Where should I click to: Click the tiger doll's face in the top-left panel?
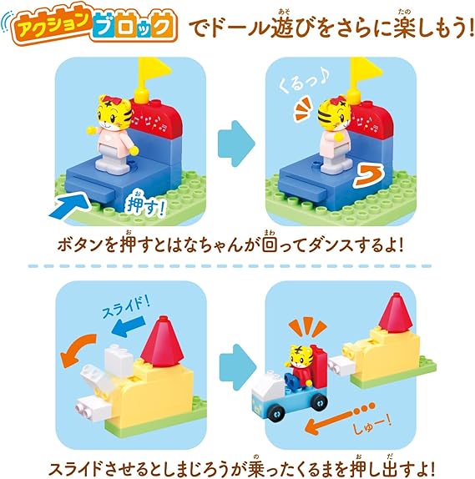pos(114,111)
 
